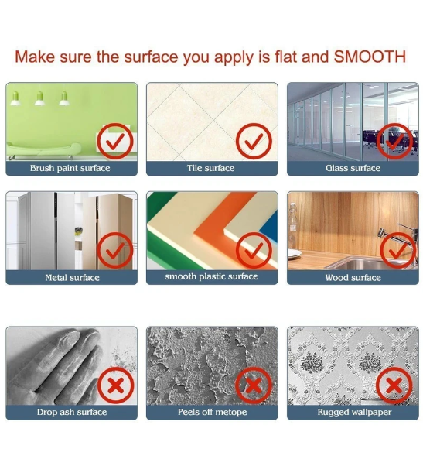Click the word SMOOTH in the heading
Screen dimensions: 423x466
point(370,57)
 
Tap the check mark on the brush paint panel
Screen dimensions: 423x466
point(115,142)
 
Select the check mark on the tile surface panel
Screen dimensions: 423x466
point(254,142)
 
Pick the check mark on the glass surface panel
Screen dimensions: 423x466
point(394,142)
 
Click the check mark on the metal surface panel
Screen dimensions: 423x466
point(115,251)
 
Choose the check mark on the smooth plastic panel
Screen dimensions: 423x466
point(254,251)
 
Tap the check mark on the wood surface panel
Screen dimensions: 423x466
point(398,251)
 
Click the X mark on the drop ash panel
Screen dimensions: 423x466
point(116,385)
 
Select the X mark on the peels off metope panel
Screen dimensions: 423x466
point(254,385)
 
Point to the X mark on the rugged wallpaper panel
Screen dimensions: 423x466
point(394,385)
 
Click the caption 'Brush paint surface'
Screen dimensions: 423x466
point(70,168)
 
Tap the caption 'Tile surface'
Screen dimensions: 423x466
point(211,168)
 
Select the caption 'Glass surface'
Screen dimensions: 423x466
point(353,168)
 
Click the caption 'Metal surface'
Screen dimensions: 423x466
point(72,278)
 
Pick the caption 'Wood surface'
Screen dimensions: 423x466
point(353,278)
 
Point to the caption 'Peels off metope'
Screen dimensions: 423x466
point(212,412)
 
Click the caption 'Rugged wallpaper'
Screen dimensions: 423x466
point(354,413)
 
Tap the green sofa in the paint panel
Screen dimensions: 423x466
point(44,150)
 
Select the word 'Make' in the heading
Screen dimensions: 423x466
point(35,57)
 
